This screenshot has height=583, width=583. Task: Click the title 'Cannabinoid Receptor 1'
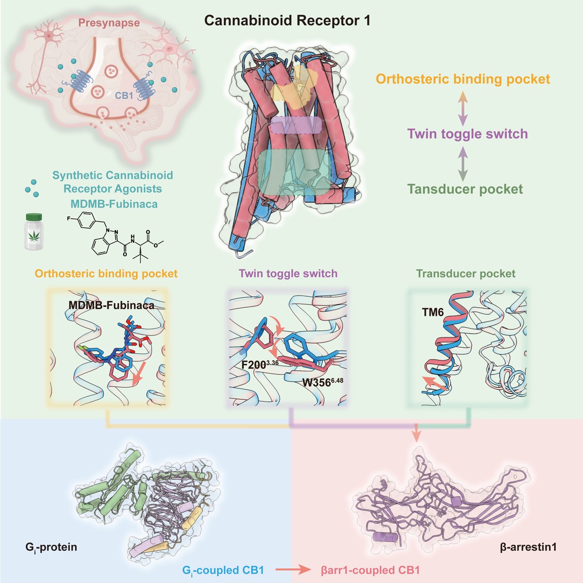tap(287, 21)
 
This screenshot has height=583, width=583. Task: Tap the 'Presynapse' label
tap(109, 23)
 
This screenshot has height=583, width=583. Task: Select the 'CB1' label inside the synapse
tap(124, 96)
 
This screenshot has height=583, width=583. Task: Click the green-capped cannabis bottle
tap(34, 232)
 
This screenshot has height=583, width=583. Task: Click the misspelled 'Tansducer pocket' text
tap(465, 189)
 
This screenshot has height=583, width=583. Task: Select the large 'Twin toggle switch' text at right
tap(467, 134)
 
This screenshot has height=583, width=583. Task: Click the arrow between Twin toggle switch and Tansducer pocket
tap(463, 163)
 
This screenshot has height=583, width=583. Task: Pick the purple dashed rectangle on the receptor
tap(296, 125)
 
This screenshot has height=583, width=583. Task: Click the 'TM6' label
tap(432, 312)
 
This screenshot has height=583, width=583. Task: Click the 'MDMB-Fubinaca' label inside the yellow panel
tap(112, 305)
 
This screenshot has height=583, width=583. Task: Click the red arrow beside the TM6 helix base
tap(434, 383)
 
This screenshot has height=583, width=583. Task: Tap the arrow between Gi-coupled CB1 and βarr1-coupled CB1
tap(293, 570)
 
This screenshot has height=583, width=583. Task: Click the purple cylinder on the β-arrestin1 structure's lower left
tap(385, 537)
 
